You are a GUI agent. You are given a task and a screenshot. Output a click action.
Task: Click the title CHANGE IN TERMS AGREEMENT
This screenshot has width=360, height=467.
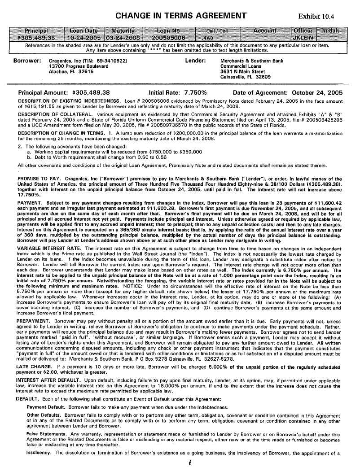181,16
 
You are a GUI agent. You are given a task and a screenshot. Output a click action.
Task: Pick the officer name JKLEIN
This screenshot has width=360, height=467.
303,38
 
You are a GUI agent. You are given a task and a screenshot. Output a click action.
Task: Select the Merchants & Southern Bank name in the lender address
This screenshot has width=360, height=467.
252,61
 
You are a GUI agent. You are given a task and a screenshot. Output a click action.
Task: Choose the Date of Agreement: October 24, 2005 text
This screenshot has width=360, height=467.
288,92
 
